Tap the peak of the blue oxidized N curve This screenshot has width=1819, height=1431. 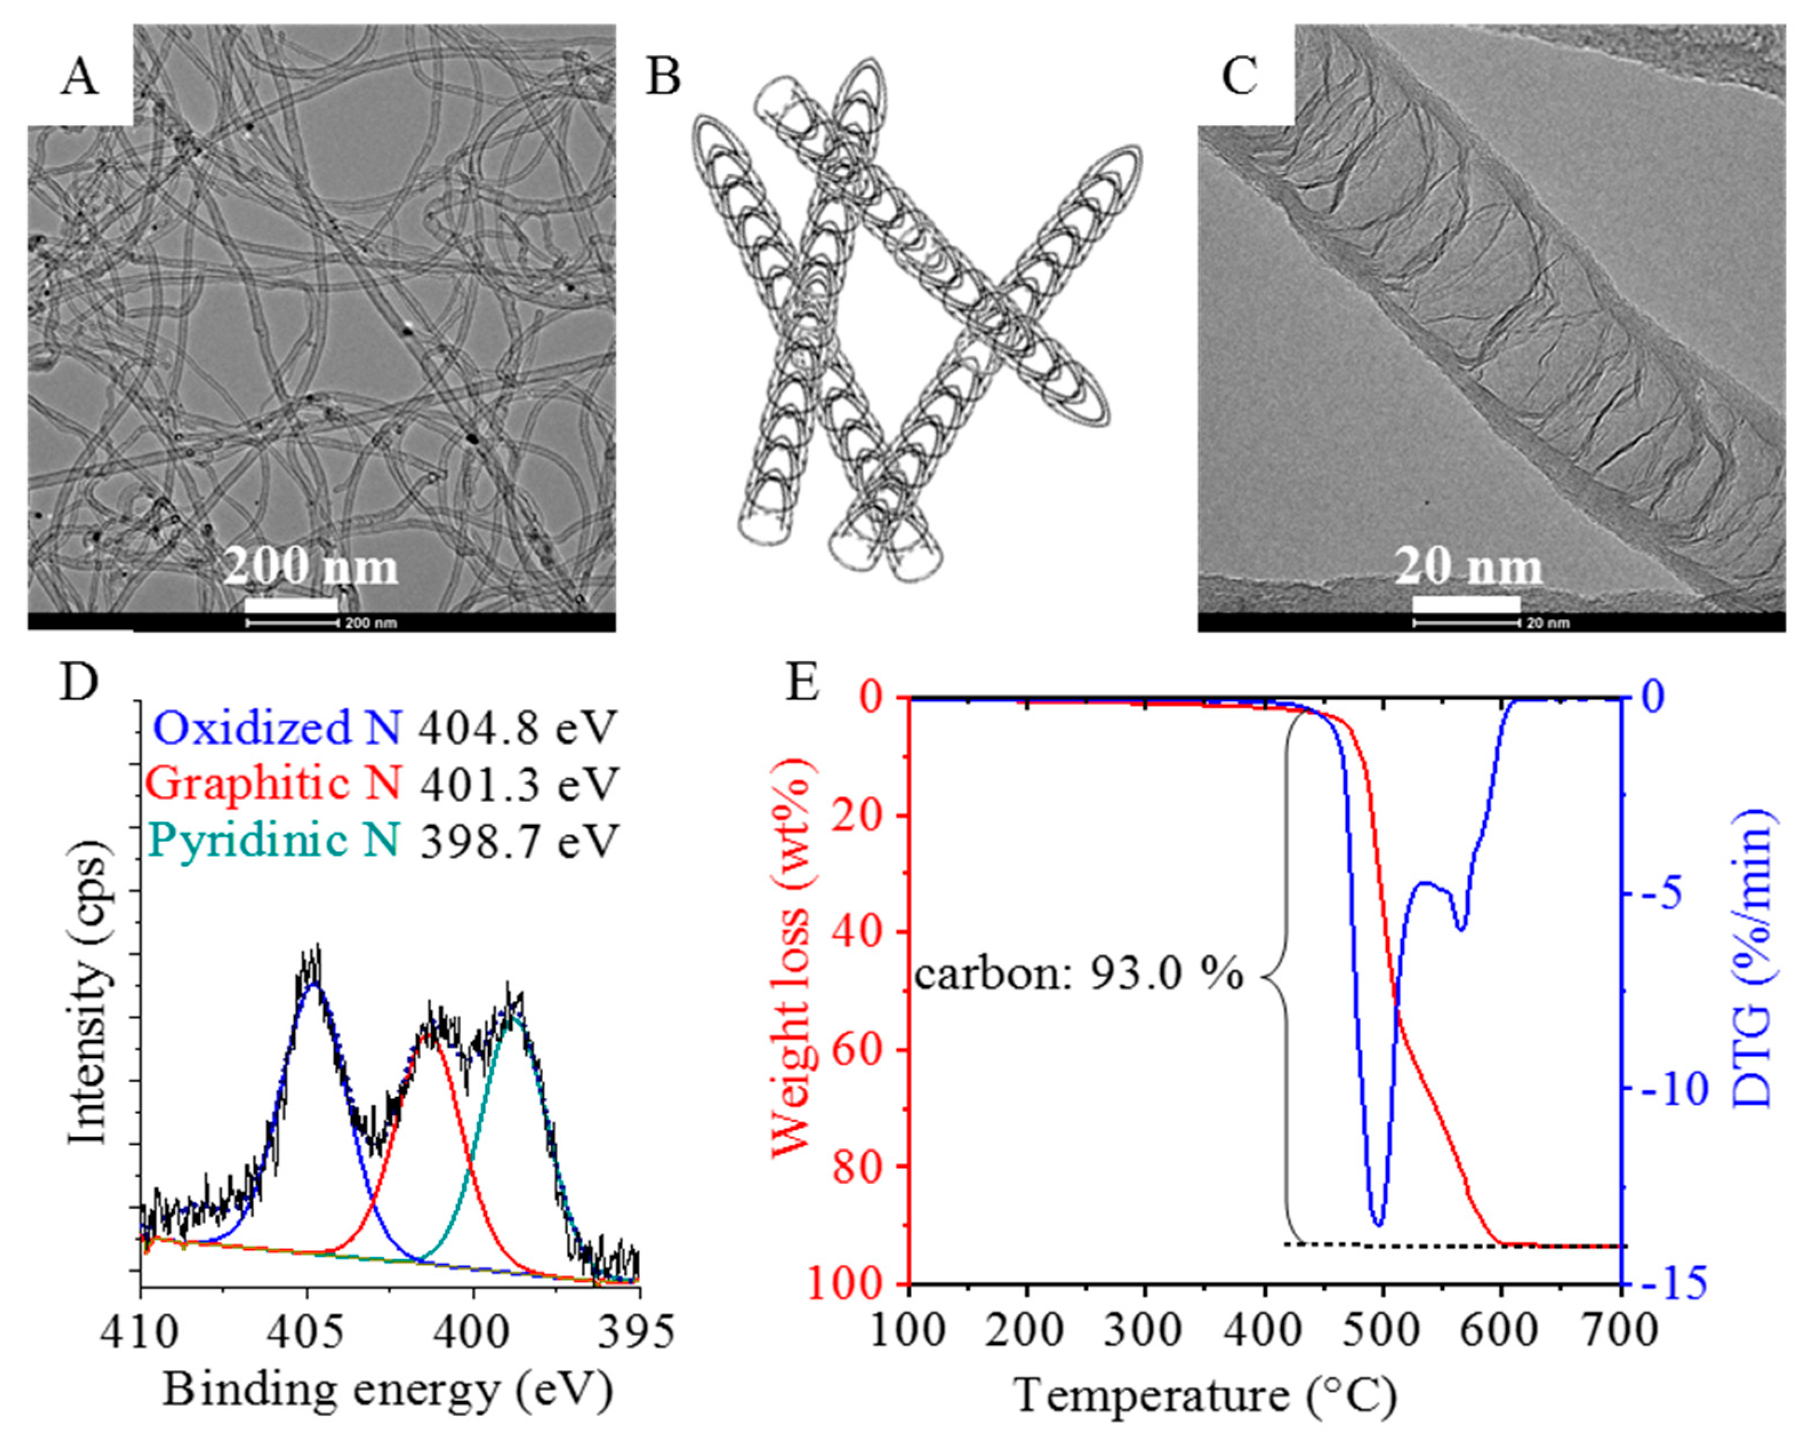tap(314, 985)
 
